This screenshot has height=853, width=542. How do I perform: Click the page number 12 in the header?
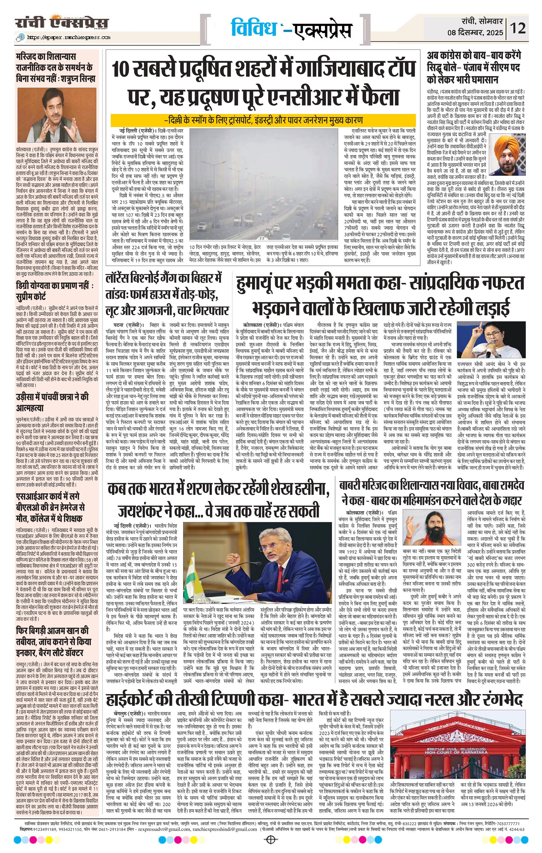[518, 28]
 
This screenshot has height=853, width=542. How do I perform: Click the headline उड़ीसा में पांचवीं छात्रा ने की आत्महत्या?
[52, 402]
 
